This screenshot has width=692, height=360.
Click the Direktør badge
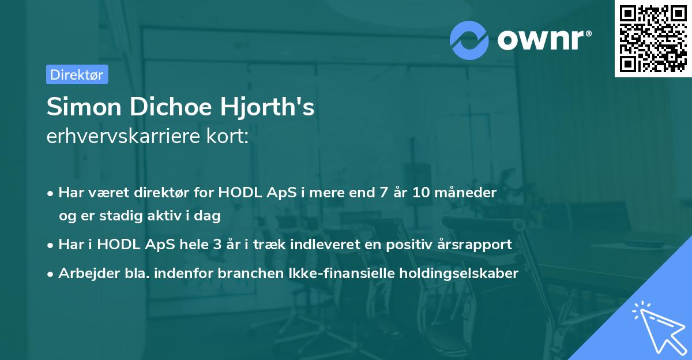(77, 74)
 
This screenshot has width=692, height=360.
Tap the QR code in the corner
(652, 38)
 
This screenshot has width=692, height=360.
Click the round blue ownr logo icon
(469, 39)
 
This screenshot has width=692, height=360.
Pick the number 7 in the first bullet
(383, 193)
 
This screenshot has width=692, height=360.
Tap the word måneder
(469, 193)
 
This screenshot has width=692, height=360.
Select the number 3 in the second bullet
(217, 245)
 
